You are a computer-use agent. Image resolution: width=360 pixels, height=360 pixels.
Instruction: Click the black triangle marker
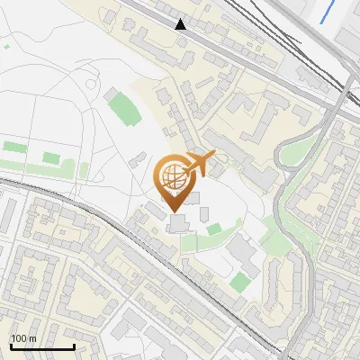pyautogui.click(x=182, y=24)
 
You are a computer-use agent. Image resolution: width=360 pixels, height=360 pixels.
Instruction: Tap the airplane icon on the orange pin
pyautogui.click(x=200, y=163)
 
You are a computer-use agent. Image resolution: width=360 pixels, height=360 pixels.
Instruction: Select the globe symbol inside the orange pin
pyautogui.click(x=172, y=172)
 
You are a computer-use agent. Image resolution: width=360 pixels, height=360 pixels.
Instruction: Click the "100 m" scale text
pyautogui.click(x=23, y=338)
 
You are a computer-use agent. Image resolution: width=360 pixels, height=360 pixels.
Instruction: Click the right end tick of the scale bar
pyautogui.click(x=74, y=345)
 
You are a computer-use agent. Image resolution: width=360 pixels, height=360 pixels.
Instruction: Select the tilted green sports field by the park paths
pyautogui.click(x=121, y=108)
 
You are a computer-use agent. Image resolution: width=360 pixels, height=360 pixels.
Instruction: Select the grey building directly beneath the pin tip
pyautogui.click(x=176, y=221)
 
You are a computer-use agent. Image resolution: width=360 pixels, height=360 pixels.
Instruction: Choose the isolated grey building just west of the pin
pyautogui.click(x=136, y=160)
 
